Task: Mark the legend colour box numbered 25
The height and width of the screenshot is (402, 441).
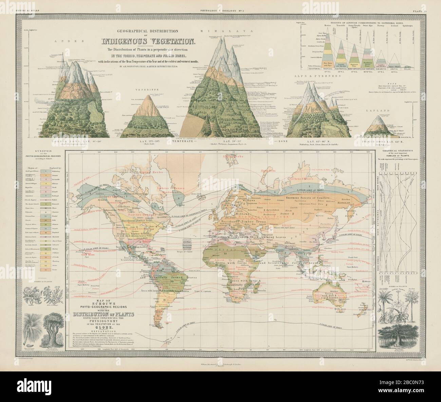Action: click(x=45, y=268)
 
